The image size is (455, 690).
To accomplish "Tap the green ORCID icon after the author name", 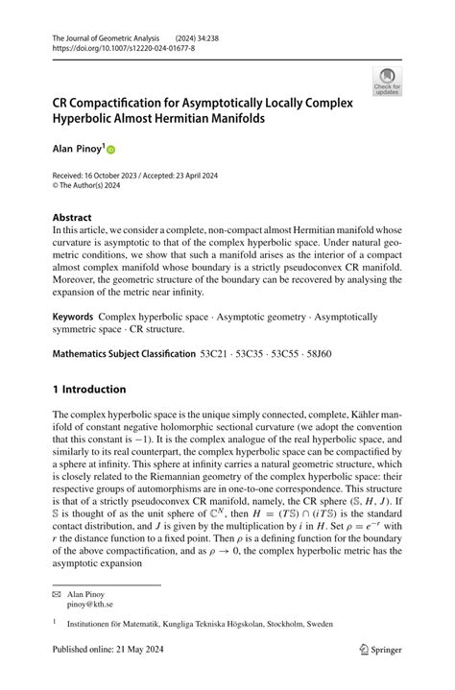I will pyautogui.click(x=110, y=151).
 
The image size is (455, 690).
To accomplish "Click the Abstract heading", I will pyautogui.click(x=72, y=218).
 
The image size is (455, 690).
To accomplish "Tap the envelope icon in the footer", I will pyautogui.click(x=57, y=595).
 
